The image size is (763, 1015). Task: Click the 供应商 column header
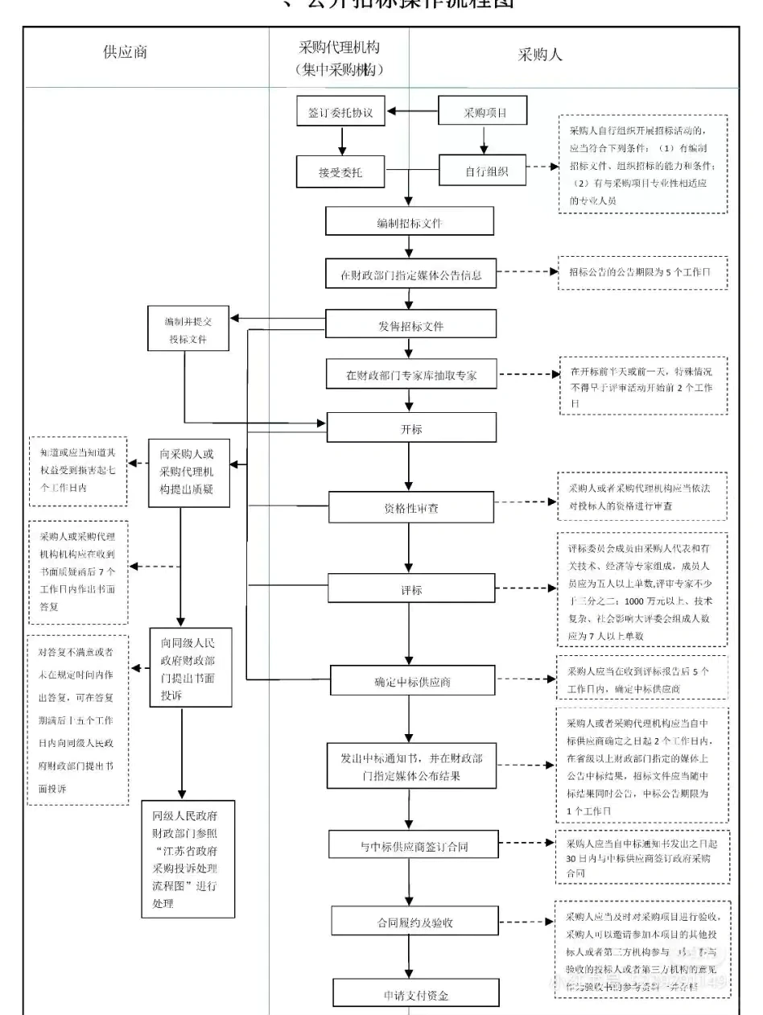(x=126, y=54)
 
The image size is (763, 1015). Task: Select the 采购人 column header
(x=539, y=55)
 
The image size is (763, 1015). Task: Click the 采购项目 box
(x=484, y=113)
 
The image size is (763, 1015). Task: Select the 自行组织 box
(x=484, y=171)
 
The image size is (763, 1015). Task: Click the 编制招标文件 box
(x=410, y=221)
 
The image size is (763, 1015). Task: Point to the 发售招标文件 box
(x=410, y=326)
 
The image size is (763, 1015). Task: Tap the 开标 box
(x=410, y=428)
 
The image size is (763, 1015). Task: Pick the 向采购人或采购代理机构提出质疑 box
(x=188, y=473)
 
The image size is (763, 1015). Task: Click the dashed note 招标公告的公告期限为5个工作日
(x=641, y=273)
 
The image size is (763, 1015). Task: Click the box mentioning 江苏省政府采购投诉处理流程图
(x=188, y=858)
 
